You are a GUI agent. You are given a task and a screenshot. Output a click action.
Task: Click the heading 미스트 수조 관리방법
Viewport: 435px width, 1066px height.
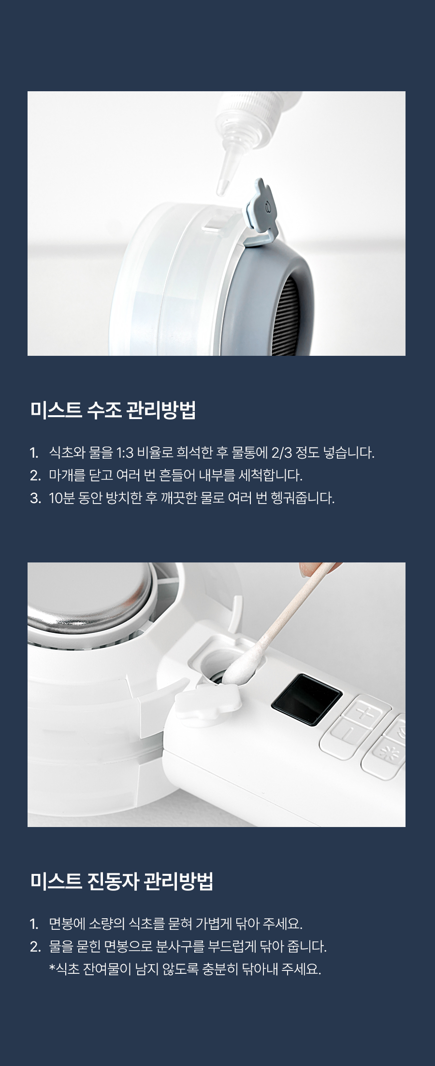click(x=113, y=410)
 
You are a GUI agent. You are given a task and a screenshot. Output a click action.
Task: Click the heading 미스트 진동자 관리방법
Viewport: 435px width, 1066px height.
click(x=121, y=881)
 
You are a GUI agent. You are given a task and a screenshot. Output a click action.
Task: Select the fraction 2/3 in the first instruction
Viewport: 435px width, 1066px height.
click(x=282, y=453)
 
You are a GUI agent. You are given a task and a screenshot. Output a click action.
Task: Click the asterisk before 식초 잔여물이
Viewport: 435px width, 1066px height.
click(x=52, y=967)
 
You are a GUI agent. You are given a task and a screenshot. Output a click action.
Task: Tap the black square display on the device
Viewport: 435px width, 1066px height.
click(x=307, y=700)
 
